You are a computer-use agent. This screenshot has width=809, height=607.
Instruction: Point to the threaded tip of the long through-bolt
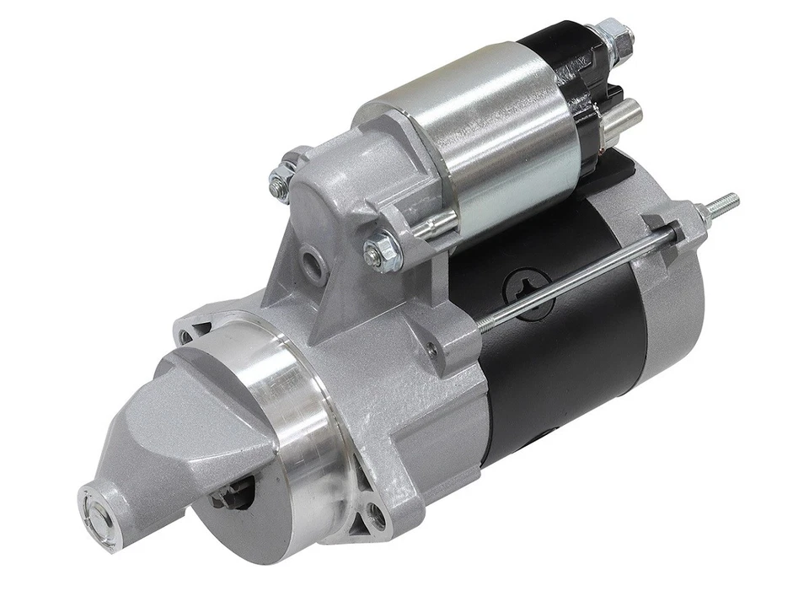[722, 203]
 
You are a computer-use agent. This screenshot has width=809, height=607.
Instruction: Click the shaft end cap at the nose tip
[95, 507]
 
